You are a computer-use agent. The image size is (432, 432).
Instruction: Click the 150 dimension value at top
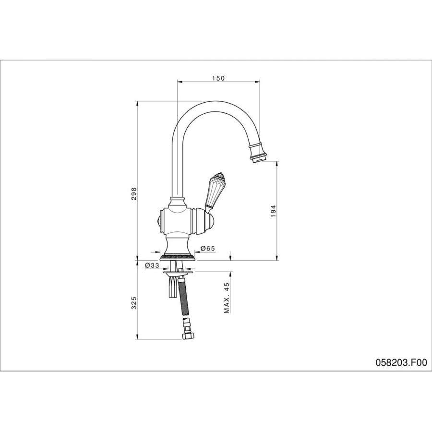click(x=218, y=78)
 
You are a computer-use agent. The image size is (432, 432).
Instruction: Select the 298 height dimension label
click(x=133, y=194)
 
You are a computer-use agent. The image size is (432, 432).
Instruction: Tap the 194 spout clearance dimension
click(x=273, y=211)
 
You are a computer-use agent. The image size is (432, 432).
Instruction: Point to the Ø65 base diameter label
click(x=208, y=248)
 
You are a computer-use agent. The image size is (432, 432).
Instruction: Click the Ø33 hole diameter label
click(x=152, y=265)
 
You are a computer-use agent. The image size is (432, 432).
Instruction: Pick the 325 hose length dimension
click(x=133, y=303)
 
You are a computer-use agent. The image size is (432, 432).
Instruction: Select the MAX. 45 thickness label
click(x=227, y=298)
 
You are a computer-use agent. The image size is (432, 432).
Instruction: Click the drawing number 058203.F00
click(x=401, y=362)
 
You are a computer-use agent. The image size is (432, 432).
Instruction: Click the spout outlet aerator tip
click(x=258, y=159)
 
